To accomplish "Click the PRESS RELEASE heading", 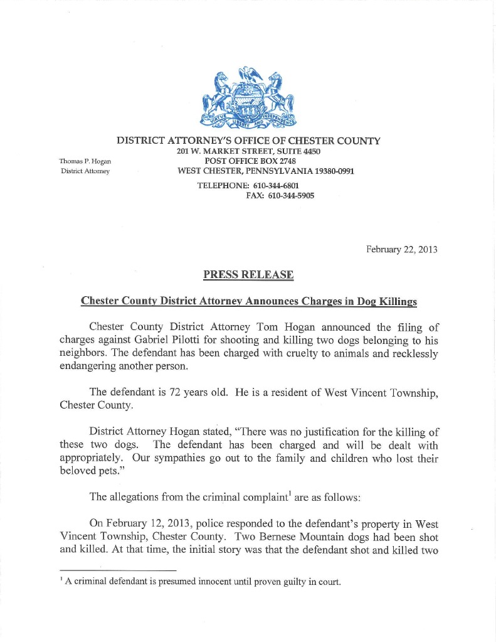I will (x=248, y=275).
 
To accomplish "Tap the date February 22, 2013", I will (x=401, y=250).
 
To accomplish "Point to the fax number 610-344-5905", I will (x=291, y=196).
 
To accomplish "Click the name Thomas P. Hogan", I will (x=85, y=161).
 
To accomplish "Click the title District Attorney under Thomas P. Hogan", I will (x=85, y=171).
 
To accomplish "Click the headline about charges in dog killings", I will (x=248, y=301).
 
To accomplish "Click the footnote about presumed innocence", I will (x=202, y=582).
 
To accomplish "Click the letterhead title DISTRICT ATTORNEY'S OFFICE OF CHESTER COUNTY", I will (x=248, y=141).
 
